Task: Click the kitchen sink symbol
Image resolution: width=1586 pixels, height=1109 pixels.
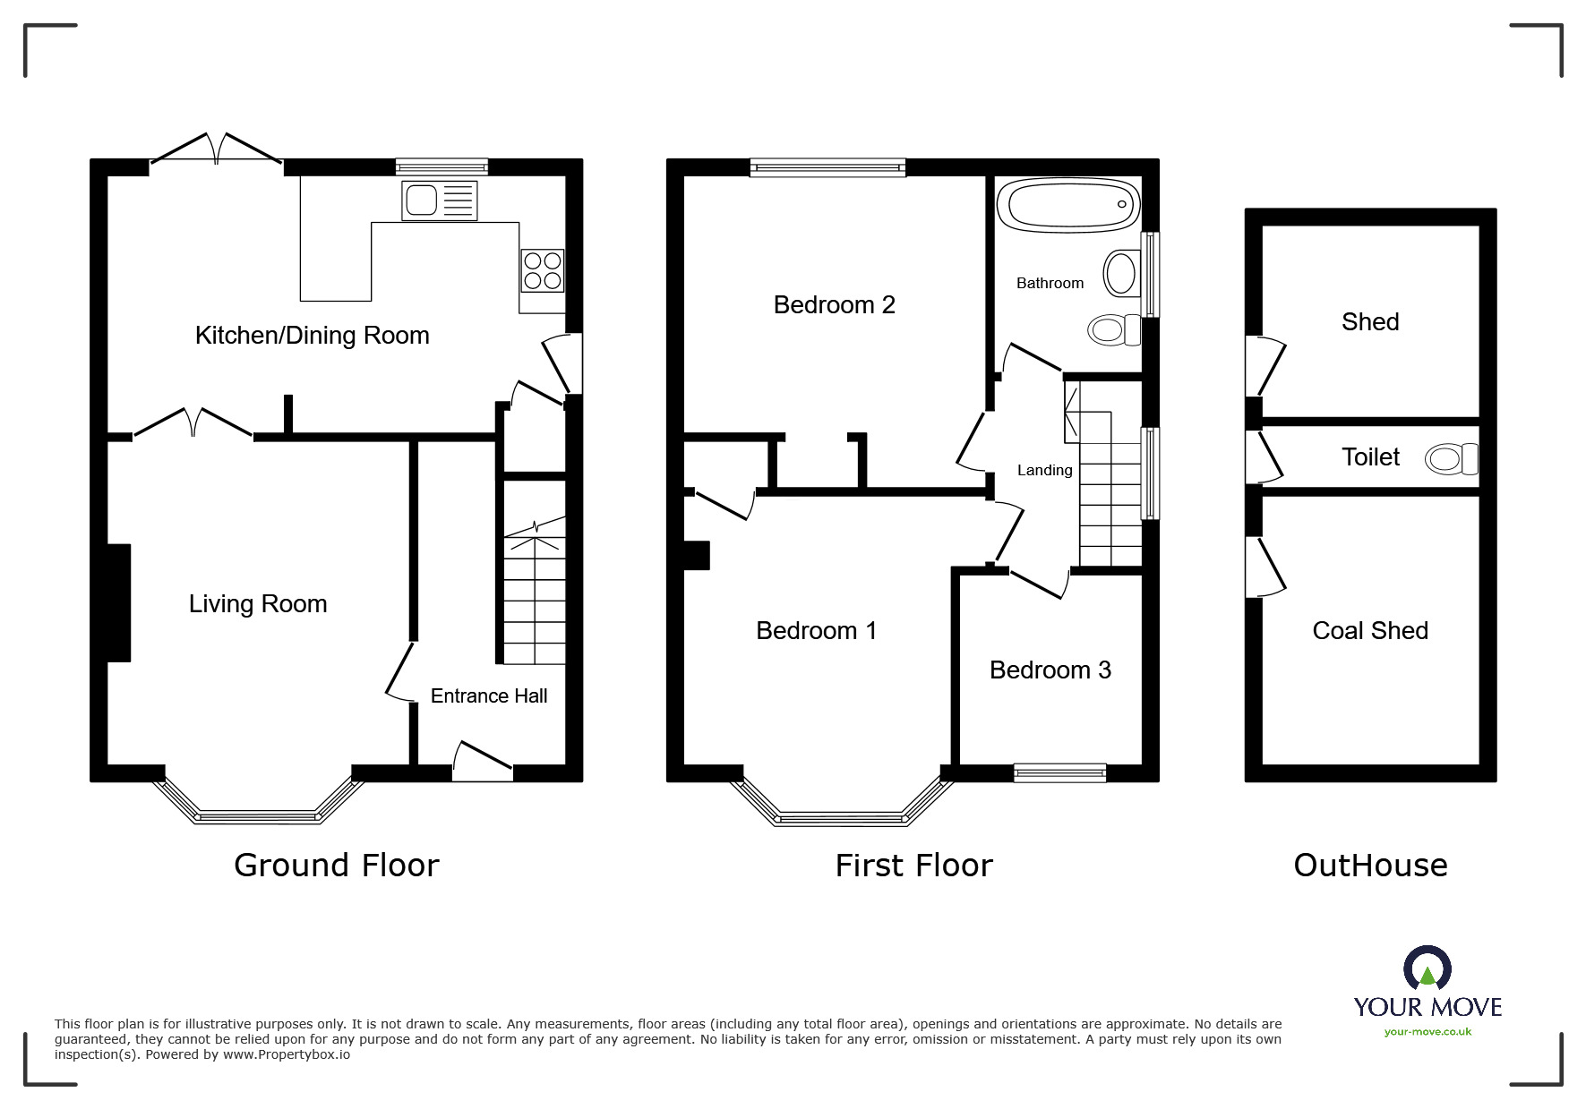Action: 440,200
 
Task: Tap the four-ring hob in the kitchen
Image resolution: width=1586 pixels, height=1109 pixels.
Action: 543,270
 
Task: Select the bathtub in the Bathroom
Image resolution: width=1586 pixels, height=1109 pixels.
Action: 1068,205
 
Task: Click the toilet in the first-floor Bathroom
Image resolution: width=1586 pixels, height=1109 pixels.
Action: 1113,330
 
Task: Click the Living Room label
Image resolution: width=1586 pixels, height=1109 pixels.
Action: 258,604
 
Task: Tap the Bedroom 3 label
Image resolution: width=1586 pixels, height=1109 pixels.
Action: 1050,670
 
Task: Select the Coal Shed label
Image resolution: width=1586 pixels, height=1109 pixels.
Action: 1369,631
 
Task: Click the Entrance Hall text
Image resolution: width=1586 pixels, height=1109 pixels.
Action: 489,696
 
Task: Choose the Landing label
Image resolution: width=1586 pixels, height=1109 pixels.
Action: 1044,471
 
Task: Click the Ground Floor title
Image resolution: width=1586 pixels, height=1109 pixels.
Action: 336,866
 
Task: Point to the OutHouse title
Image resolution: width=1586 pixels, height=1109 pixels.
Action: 1370,866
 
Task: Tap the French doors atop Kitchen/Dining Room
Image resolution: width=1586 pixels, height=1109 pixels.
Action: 216,149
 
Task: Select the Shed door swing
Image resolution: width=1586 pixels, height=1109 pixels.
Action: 1266,365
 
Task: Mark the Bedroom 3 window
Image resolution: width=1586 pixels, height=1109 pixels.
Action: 1059,772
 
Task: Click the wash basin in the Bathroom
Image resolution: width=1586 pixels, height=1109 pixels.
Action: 1121,272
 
